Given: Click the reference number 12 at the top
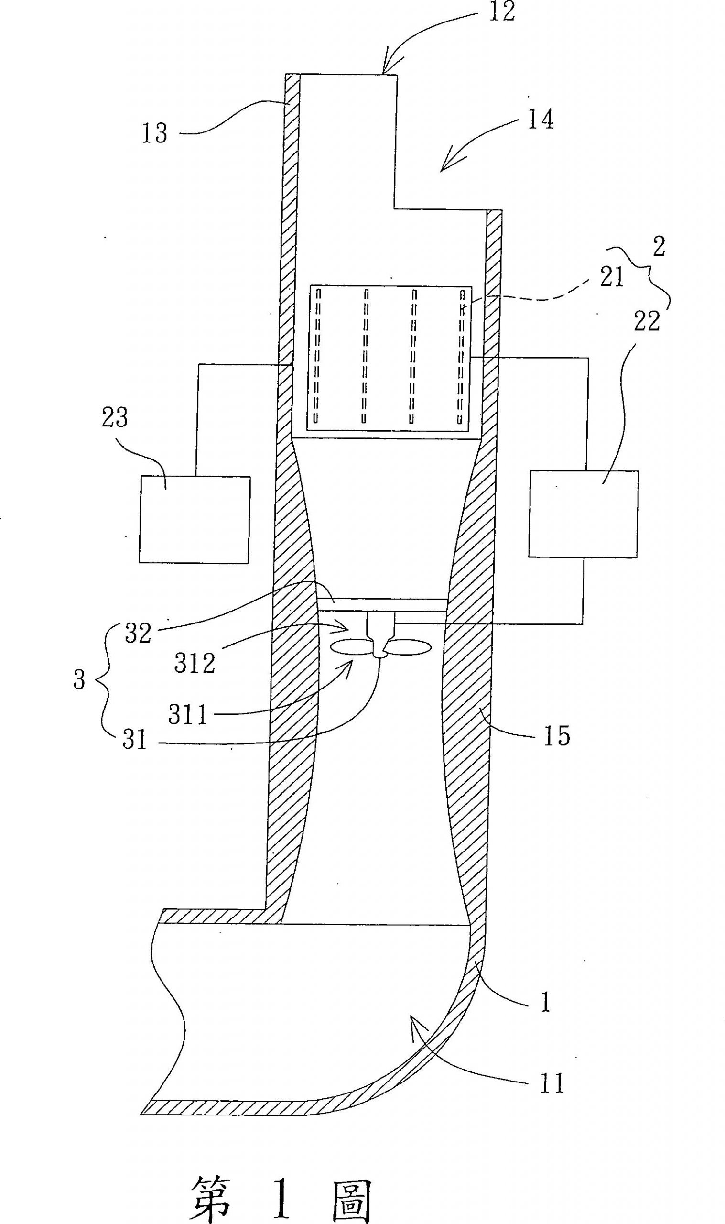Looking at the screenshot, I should point(502,11).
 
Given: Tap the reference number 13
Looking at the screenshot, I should point(154,133).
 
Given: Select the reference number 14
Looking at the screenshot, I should point(541,120).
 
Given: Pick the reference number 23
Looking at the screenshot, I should point(114,418).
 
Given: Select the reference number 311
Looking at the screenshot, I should point(188,715).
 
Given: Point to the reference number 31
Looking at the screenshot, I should point(134,740).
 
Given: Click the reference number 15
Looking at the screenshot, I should point(556,736).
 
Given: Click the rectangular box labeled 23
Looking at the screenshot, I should point(195,519).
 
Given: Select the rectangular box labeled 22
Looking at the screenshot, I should point(584,514).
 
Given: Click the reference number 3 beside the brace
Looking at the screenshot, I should point(79,680).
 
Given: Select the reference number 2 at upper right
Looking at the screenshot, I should point(659,247).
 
